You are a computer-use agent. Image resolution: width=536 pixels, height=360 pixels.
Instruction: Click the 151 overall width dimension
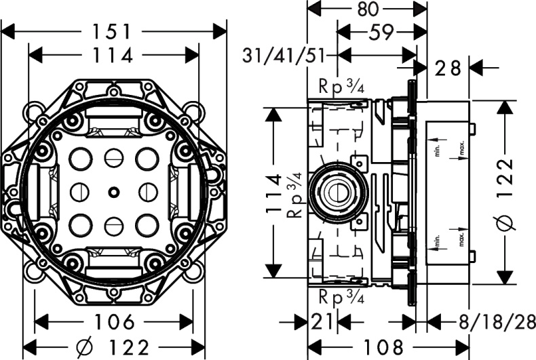click(x=114, y=31)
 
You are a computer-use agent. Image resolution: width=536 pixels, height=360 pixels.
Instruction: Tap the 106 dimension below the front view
click(x=113, y=322)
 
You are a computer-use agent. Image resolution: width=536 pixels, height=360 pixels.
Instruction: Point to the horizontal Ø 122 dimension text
click(x=113, y=348)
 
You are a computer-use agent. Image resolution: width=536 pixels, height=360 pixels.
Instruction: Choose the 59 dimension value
click(x=383, y=32)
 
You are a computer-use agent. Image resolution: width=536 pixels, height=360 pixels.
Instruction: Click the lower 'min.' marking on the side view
click(x=438, y=241)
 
